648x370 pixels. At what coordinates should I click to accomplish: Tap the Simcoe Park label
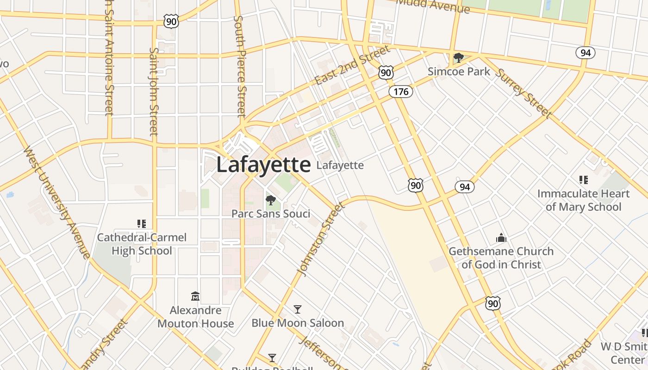point(459,71)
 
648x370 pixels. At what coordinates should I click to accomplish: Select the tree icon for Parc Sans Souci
point(271,200)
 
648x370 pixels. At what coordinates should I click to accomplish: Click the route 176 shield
point(400,92)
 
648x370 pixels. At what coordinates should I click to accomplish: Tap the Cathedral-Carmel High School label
point(142,244)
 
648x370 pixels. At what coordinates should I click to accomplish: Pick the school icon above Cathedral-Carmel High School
point(142,224)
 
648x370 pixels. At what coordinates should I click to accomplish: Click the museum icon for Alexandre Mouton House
point(195,296)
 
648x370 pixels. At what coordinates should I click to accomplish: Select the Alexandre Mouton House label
point(195,316)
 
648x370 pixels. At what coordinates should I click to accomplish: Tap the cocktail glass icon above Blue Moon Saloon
point(298,309)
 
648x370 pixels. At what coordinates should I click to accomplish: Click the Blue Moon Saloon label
point(298,323)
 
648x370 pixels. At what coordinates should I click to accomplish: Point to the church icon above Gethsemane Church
point(501,238)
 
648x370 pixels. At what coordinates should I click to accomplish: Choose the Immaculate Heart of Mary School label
point(583,200)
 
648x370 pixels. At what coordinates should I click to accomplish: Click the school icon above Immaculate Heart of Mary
point(583,179)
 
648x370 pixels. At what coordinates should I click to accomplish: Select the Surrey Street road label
point(523,92)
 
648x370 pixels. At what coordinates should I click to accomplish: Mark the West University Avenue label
point(56,203)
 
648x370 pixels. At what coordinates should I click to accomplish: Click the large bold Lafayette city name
point(263,165)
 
